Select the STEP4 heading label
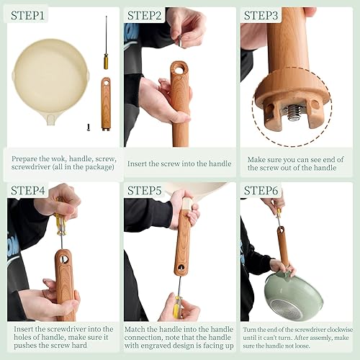click(30, 191)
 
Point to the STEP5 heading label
click(145, 191)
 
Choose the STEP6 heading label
click(263, 191)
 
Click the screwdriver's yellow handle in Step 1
click(106, 60)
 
